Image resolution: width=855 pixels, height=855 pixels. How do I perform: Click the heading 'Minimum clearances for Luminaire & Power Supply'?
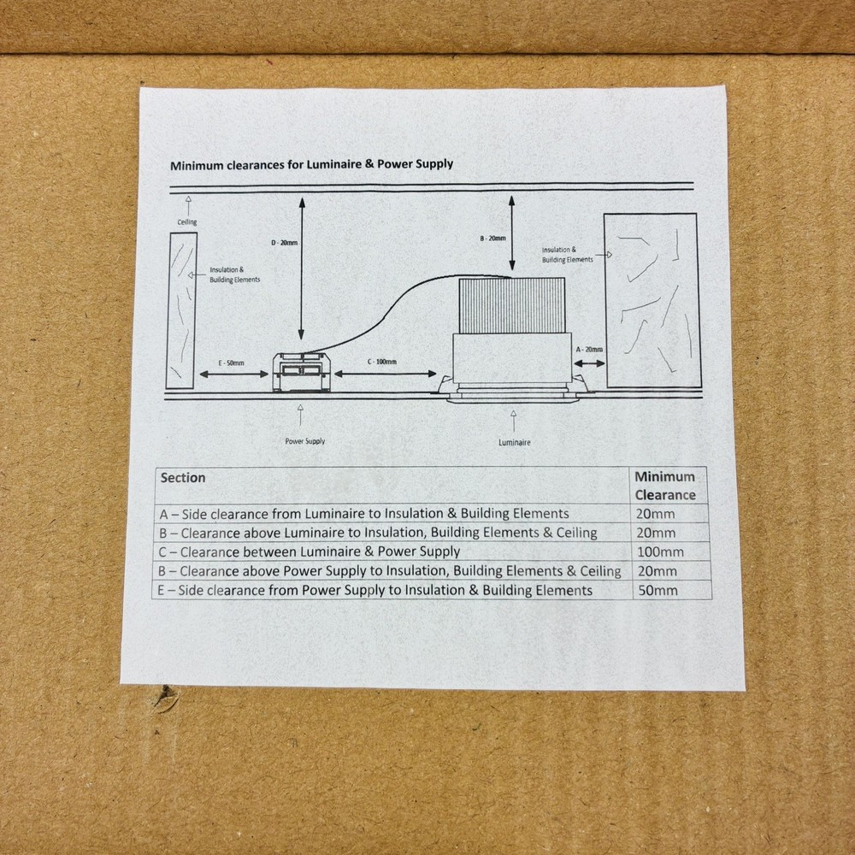coord(311,164)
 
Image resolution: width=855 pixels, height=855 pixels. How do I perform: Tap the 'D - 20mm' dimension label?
coord(285,243)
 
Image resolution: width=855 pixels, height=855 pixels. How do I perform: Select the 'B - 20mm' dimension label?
coord(492,239)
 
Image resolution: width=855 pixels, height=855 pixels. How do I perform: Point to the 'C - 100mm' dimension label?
coord(381,362)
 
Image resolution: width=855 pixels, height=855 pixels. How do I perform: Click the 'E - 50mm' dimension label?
coord(231,363)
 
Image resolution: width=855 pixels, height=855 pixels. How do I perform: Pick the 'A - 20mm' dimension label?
coord(589,350)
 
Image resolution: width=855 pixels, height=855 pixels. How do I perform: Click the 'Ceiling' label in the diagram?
coord(187,222)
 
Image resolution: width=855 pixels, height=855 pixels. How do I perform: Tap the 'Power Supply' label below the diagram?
coord(305,441)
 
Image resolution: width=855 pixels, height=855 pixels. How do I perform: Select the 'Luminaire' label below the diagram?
coord(514,442)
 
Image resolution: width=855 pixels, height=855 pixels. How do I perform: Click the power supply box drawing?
coord(301,372)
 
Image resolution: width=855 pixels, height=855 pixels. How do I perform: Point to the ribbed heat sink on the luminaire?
coord(511,305)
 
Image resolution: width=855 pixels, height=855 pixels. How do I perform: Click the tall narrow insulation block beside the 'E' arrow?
coord(181,310)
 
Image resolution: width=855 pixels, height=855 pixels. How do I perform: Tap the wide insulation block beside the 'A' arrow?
coord(652,300)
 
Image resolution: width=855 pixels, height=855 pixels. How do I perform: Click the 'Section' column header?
coord(183,478)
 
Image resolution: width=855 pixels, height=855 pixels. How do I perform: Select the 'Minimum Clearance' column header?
coord(665,486)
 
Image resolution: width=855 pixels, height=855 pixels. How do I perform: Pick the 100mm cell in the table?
coord(660,551)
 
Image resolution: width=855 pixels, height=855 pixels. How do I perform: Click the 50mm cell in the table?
coord(657,591)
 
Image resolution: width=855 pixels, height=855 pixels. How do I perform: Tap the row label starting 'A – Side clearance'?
coord(364,514)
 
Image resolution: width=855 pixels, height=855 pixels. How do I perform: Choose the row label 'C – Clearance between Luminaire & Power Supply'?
coord(310,551)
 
